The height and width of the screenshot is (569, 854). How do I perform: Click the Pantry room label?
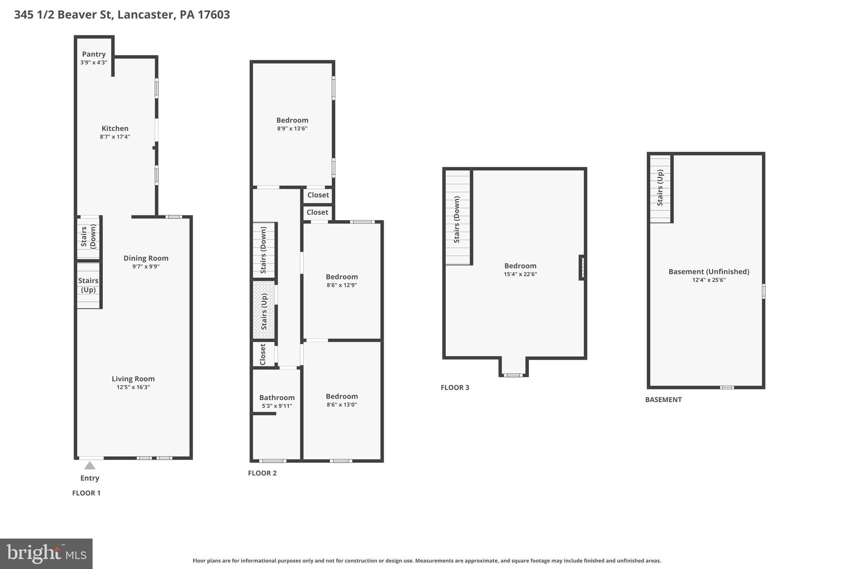point(94,54)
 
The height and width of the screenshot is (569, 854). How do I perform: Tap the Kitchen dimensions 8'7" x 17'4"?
point(115,137)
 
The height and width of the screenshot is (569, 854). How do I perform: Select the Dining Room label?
point(146,258)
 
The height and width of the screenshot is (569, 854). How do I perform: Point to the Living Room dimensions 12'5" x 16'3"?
point(133,387)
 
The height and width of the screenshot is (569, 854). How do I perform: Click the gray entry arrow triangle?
point(90,466)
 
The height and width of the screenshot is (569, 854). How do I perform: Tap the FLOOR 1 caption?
point(86,493)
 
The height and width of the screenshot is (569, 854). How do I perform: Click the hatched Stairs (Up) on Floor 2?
point(264,310)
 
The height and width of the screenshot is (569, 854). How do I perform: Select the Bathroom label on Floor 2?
point(277,398)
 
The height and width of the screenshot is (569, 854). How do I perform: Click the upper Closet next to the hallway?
point(318,195)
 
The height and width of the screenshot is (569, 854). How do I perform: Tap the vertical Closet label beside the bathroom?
point(263,354)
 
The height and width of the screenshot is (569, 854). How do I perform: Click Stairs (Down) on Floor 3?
point(457,219)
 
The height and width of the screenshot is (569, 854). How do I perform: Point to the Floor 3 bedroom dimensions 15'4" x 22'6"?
point(520,274)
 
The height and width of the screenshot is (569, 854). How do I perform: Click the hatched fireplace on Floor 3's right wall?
point(583,268)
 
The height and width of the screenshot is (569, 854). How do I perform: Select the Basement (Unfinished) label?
point(709,272)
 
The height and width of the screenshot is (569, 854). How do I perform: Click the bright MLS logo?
point(46,554)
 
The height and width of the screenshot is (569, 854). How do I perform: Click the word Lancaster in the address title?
point(146,15)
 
